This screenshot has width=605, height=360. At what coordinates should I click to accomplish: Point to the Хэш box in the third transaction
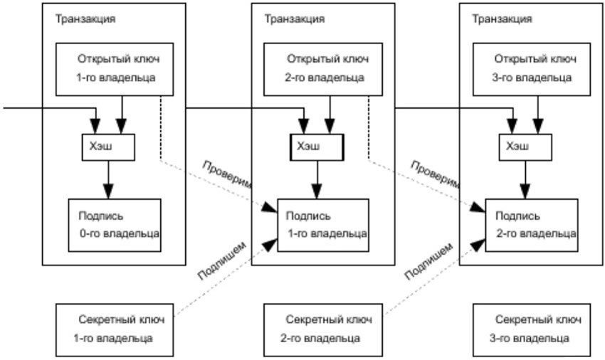click(525, 147)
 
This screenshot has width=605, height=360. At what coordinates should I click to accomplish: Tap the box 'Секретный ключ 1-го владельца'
click(115, 329)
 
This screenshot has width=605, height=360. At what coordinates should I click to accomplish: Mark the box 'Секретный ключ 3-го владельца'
click(532, 329)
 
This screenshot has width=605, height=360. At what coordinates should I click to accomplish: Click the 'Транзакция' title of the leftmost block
click(85, 18)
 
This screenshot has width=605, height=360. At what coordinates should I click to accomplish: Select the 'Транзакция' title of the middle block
click(295, 18)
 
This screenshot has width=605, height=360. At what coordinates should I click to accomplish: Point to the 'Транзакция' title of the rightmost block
click(503, 18)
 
